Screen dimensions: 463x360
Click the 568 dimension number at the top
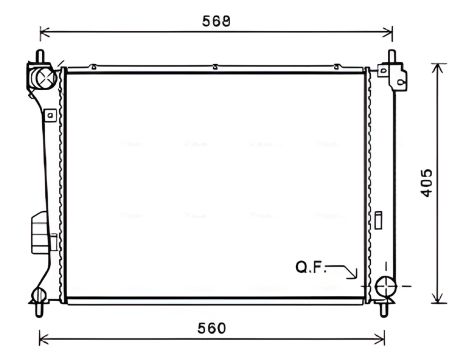click(x=216, y=21)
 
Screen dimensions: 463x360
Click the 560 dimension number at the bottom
click(x=212, y=328)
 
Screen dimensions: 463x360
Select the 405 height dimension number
click(x=426, y=183)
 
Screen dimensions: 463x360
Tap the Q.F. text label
click(x=311, y=267)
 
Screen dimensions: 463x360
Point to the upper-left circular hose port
click(x=42, y=77)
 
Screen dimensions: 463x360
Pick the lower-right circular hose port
click(x=386, y=286)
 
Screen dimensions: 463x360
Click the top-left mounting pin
click(x=40, y=56)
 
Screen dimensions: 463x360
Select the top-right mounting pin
click(x=392, y=56)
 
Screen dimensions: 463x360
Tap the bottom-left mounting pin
click(x=39, y=310)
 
